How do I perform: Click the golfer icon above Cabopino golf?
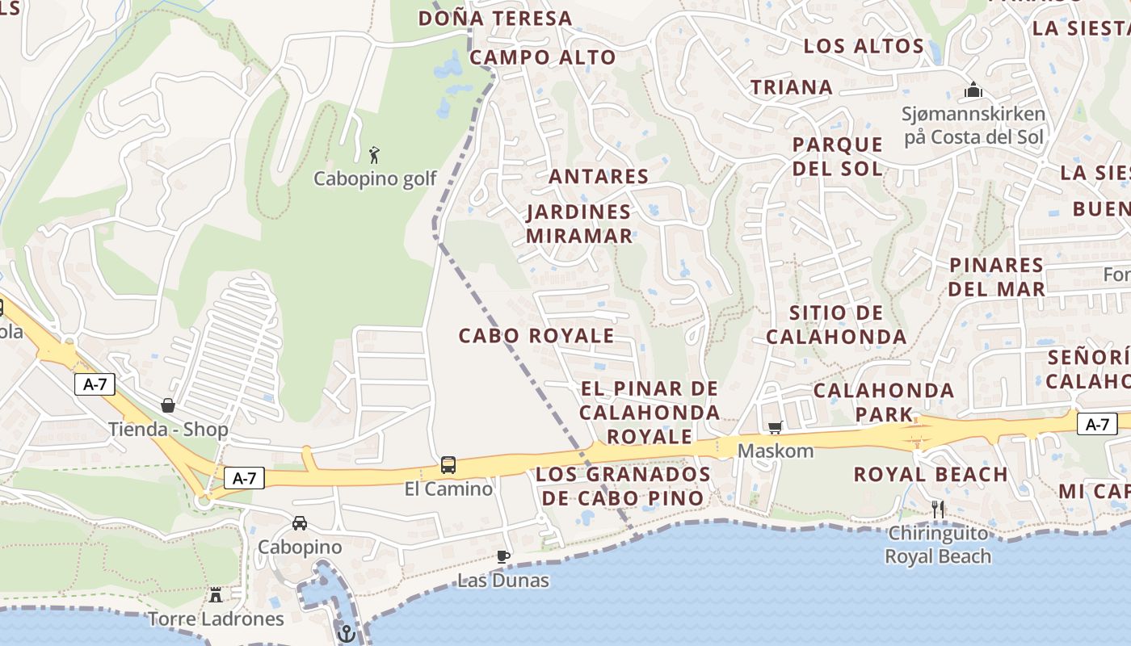tap(373, 155)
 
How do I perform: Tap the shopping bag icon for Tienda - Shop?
tap(168, 405)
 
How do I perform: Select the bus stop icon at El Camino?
tap(448, 465)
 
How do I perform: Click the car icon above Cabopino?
tap(300, 523)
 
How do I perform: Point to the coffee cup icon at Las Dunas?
tap(503, 556)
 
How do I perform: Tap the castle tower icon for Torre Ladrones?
tap(216, 595)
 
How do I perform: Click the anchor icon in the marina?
tap(347, 634)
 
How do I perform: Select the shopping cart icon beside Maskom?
tap(775, 427)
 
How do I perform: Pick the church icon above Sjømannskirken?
tap(973, 90)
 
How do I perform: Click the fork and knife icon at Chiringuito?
tap(938, 509)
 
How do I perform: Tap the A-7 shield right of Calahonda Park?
tap(1097, 423)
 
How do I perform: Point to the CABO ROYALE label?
tap(536, 336)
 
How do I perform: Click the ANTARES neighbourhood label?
tap(599, 176)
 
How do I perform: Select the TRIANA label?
tap(792, 87)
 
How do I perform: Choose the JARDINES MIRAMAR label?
tap(579, 224)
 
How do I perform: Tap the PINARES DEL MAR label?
tap(997, 277)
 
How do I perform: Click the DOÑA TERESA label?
tap(494, 18)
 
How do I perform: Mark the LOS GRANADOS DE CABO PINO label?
tap(623, 485)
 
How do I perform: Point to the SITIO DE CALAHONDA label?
tap(836, 325)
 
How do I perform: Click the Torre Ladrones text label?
tap(216, 619)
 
